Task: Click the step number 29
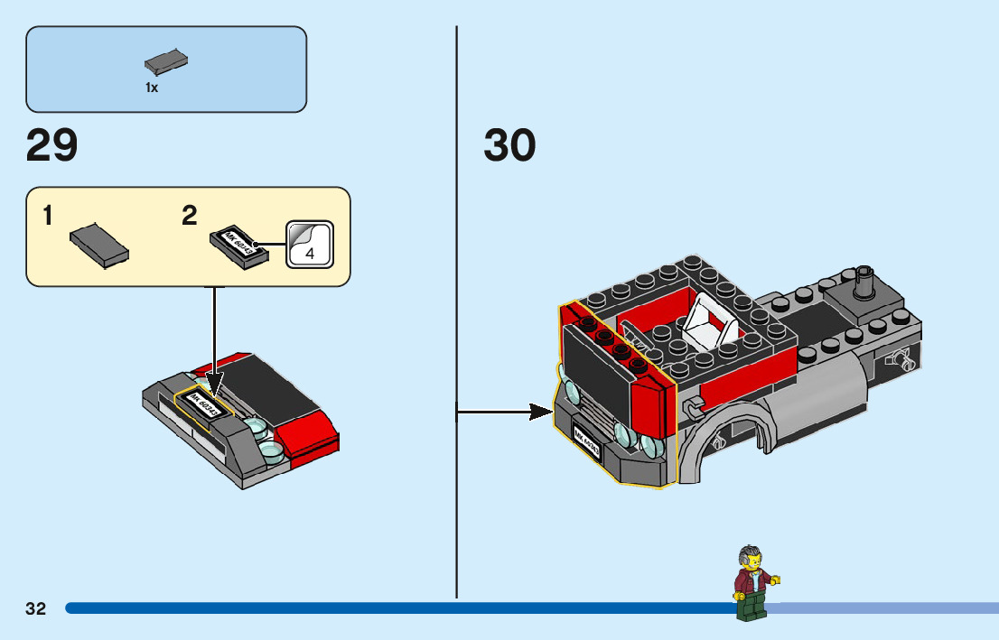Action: [x=52, y=145]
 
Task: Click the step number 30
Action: [x=509, y=145]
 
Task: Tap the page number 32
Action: [x=36, y=608]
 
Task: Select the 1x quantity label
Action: [x=152, y=88]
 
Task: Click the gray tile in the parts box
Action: [x=166, y=62]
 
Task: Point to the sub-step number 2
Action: [x=189, y=216]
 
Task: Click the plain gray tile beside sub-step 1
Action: [x=98, y=243]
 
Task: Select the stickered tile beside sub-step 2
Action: [x=239, y=245]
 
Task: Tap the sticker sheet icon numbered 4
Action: [x=310, y=245]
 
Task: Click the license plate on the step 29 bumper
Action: [x=209, y=403]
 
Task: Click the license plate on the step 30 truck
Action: [x=586, y=443]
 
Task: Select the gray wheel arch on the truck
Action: [x=732, y=433]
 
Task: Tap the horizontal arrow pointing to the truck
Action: [x=506, y=413]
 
